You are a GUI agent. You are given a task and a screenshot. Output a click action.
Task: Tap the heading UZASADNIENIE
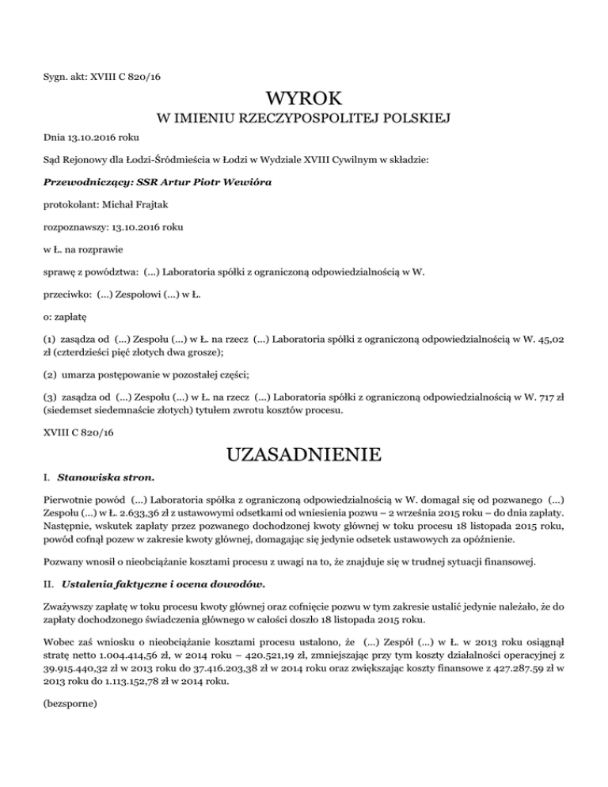click(x=303, y=455)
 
